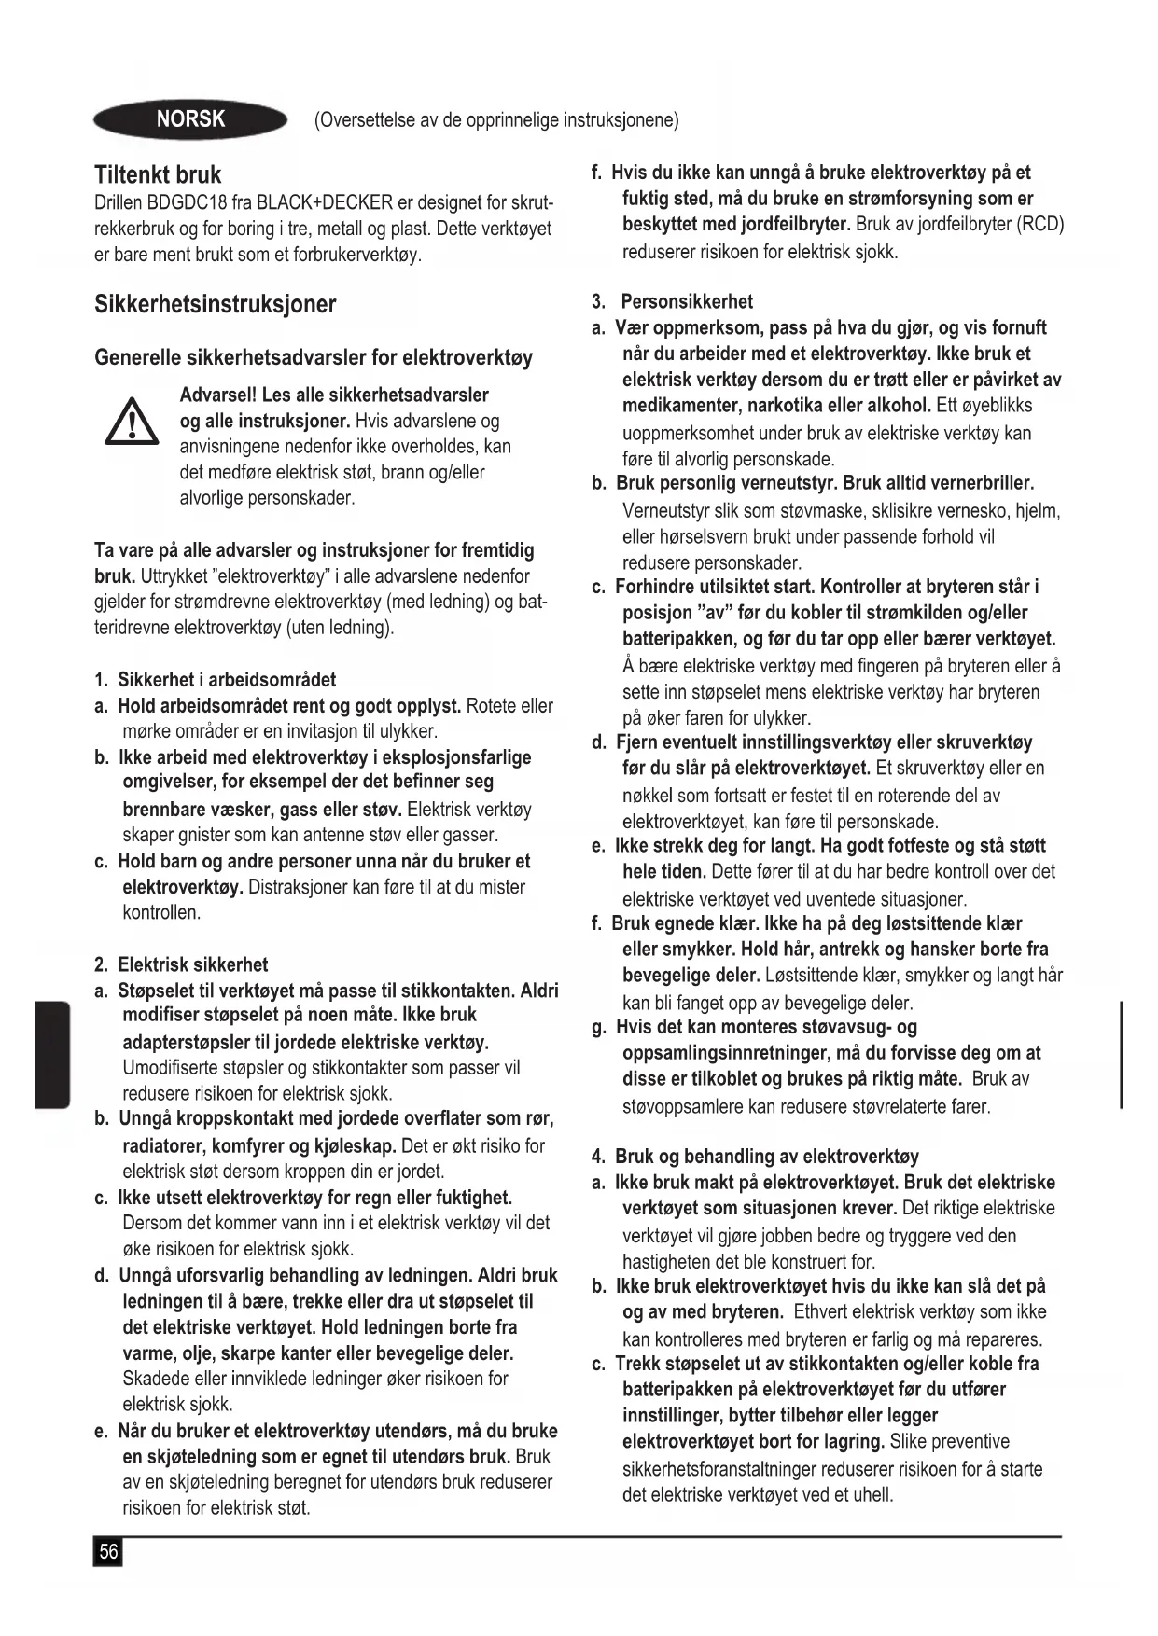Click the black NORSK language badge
(x=190, y=119)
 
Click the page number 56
(x=108, y=1552)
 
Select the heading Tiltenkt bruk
(x=158, y=175)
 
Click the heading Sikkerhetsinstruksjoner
(x=215, y=304)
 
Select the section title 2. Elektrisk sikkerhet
(x=181, y=964)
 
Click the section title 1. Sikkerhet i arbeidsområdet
(x=215, y=680)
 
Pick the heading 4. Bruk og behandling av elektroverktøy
(x=755, y=1157)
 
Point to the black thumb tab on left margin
(x=53, y=1054)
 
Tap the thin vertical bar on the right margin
(x=1120, y=1054)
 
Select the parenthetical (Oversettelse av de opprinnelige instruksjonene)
(x=496, y=120)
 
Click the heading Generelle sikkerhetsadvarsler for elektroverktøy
(x=314, y=358)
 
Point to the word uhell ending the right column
(x=872, y=1495)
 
